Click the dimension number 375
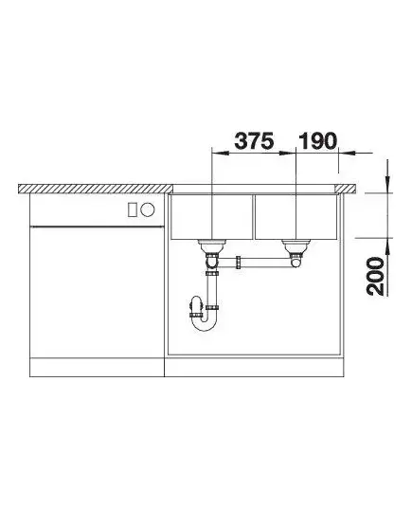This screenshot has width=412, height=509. pos(254,141)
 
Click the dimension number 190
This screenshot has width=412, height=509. pos(317,141)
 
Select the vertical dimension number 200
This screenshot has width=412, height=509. pos(375,276)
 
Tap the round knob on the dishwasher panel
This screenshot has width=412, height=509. pos(148,209)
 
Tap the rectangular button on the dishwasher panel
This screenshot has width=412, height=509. pos(133,209)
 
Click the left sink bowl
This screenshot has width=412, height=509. pos(211,217)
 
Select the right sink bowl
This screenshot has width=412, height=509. pos(296,217)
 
